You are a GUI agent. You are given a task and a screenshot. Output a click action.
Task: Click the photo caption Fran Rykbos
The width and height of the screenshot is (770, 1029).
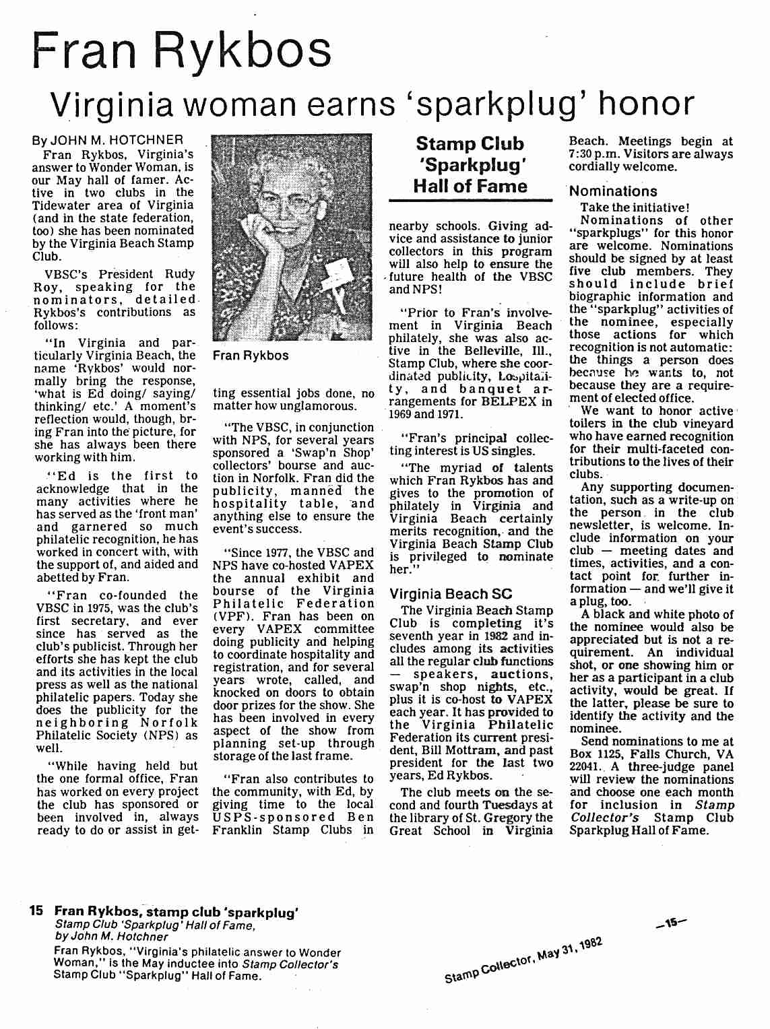coord(251,356)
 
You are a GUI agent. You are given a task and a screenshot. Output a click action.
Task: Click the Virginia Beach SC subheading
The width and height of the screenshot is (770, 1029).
coord(451,594)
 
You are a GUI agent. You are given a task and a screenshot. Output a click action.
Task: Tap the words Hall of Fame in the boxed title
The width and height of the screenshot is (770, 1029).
coord(471,186)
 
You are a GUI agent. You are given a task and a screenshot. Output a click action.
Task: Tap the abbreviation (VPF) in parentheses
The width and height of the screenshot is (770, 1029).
coord(230,616)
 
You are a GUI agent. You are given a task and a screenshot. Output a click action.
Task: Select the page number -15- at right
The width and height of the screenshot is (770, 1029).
coord(671,924)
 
